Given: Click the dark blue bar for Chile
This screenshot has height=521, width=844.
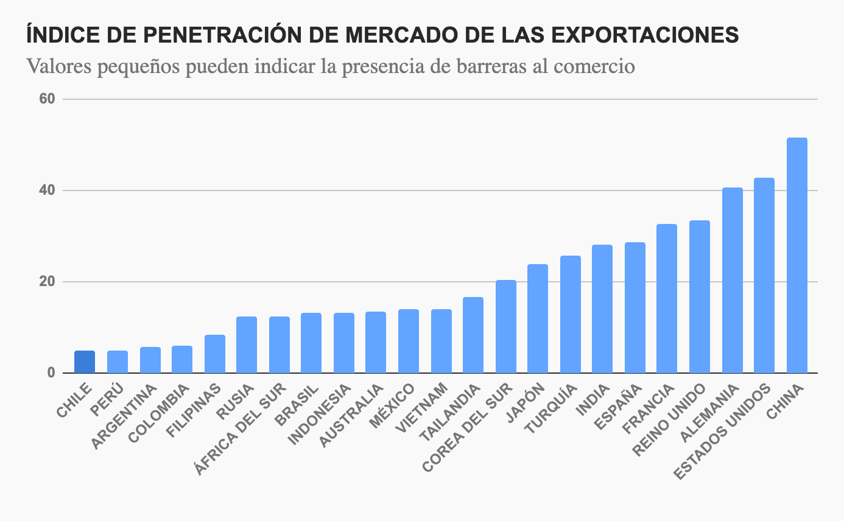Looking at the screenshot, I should point(85,362).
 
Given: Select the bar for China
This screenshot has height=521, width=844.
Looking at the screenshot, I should point(797,256).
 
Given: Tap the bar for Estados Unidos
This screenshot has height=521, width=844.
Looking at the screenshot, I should point(764,276).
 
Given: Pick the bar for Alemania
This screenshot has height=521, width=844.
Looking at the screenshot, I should point(732,281).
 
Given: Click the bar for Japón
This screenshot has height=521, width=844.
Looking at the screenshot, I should point(537,319).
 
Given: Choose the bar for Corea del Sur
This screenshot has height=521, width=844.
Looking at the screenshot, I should point(505,327).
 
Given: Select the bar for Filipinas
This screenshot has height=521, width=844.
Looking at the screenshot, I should point(214,354).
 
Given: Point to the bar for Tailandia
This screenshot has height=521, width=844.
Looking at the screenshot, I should point(473,335).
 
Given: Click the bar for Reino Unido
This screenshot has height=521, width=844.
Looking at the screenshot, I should point(700,297).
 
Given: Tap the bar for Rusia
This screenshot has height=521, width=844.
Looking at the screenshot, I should point(247,345).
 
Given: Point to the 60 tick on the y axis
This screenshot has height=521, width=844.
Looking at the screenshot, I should point(48,99).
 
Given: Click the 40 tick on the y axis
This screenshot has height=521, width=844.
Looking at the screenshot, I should point(48,191).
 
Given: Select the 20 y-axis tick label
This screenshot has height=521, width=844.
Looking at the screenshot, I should point(48,282).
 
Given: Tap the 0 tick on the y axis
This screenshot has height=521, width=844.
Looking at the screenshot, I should point(51,373).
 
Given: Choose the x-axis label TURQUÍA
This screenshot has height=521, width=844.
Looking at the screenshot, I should point(552,409).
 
